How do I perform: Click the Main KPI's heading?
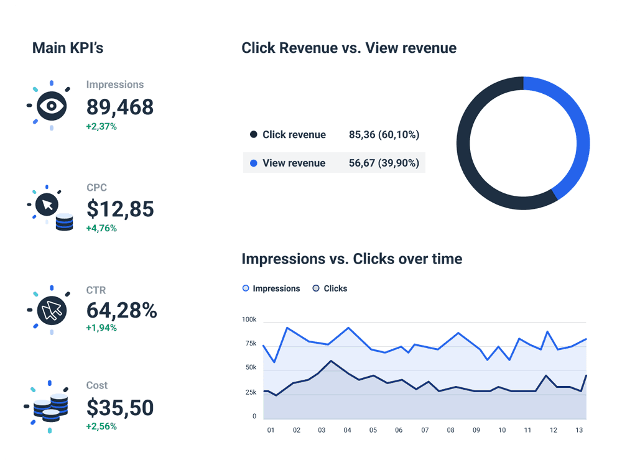(68, 48)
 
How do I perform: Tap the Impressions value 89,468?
(120, 107)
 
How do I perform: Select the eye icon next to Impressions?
(52, 106)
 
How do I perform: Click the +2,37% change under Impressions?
(101, 127)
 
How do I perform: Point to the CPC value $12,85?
(120, 209)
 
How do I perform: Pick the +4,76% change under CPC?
(101, 228)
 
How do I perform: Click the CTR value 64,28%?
(121, 310)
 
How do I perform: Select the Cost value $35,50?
(120, 408)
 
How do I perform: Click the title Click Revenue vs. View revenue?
(349, 48)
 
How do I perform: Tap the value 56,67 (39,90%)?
(384, 163)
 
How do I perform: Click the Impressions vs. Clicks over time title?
(351, 259)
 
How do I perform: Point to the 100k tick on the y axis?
(249, 319)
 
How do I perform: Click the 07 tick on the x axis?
(425, 430)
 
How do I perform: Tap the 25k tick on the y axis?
(251, 392)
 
